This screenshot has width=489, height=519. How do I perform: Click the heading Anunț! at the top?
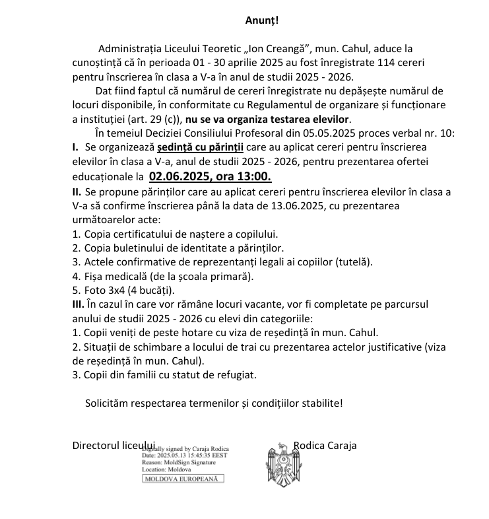pos(262,20)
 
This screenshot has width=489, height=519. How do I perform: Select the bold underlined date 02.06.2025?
pos(181,177)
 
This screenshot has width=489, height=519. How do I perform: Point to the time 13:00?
pos(255,177)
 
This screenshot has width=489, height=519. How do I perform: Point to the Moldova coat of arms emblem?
pos(282,463)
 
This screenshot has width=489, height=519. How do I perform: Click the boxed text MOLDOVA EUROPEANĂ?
pos(184,479)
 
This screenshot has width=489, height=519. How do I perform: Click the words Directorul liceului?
pos(114,445)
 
